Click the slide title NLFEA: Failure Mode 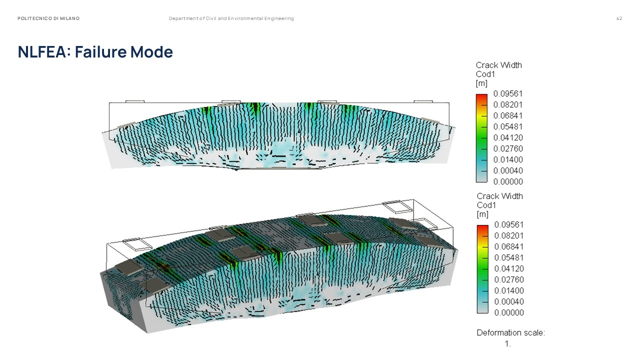[95, 51]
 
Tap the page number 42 [619, 18]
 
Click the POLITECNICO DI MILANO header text [48, 18]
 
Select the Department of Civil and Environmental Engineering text [231, 18]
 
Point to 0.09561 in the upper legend [507, 93]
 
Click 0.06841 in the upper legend [507, 115]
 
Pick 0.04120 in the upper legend [508, 137]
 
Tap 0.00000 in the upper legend [508, 181]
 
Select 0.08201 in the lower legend [509, 235]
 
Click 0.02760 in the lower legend [509, 279]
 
